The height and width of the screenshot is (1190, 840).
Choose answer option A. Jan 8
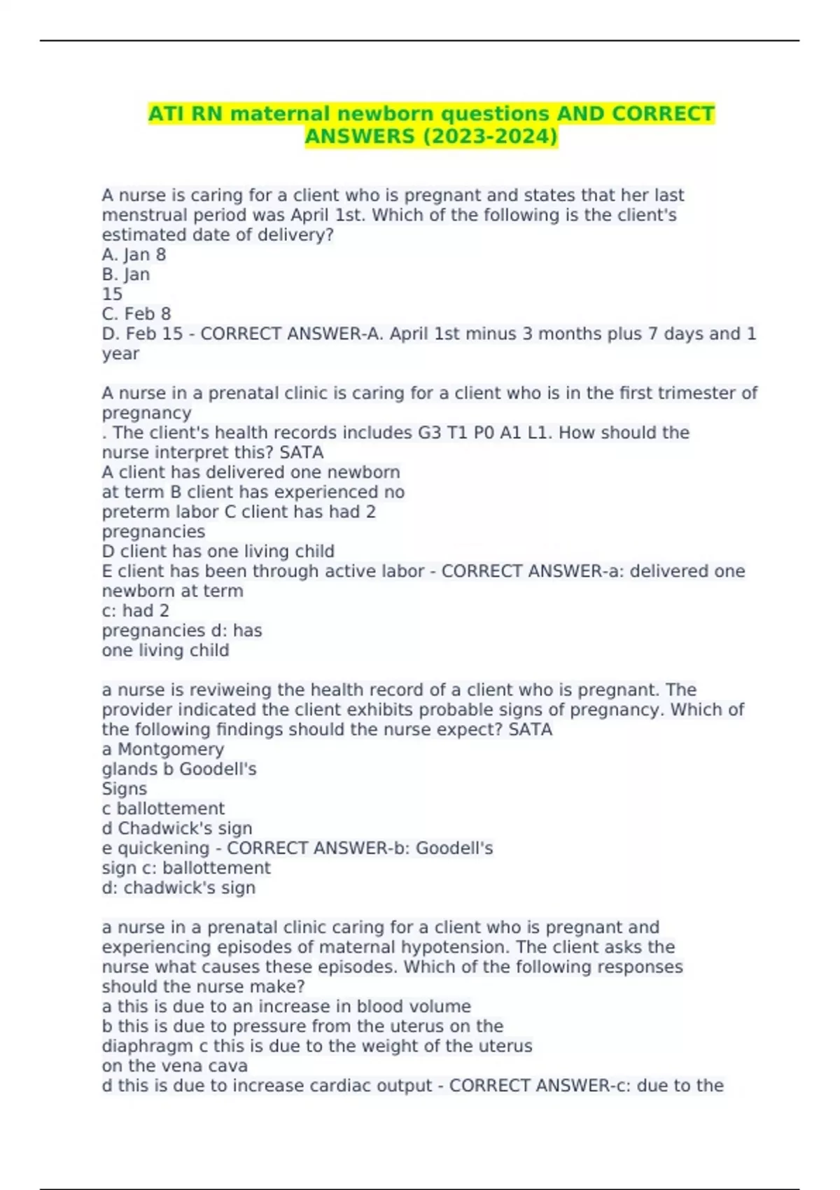[x=134, y=255]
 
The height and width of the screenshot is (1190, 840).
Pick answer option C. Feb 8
[x=136, y=314]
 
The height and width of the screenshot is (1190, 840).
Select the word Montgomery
[x=171, y=750]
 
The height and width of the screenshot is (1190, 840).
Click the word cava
[x=227, y=1066]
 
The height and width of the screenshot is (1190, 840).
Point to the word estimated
[x=144, y=235]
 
